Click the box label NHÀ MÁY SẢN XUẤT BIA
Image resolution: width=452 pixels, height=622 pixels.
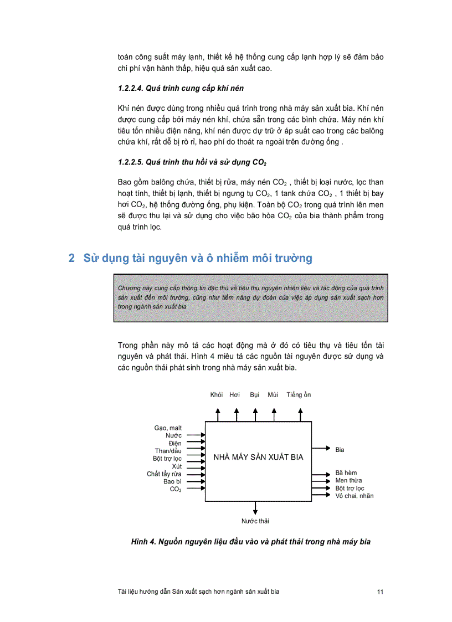click(x=258, y=457)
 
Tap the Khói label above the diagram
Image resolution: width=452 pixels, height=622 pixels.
click(x=217, y=395)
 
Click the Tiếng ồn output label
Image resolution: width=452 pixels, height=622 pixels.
click(x=299, y=395)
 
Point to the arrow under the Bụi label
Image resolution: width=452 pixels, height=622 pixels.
click(x=255, y=414)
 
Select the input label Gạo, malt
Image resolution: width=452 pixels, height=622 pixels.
click(x=168, y=428)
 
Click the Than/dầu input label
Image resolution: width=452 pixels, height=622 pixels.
click(x=168, y=451)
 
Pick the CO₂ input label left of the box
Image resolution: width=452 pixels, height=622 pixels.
click(x=176, y=490)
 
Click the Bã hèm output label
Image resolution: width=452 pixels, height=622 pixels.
click(x=346, y=473)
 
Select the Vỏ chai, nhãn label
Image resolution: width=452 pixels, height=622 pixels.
click(x=355, y=496)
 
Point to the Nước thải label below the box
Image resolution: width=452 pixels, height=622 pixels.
click(x=255, y=521)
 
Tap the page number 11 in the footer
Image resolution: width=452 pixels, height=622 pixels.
click(x=380, y=592)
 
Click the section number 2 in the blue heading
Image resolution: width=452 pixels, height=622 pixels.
click(x=71, y=258)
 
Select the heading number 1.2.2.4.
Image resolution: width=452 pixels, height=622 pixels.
click(x=132, y=88)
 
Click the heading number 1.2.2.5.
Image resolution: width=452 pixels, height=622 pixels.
click(x=132, y=162)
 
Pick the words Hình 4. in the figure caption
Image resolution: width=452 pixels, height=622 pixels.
click(x=143, y=542)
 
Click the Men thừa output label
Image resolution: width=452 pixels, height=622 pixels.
click(x=348, y=481)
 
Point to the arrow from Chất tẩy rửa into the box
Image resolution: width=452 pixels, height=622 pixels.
click(x=196, y=474)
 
